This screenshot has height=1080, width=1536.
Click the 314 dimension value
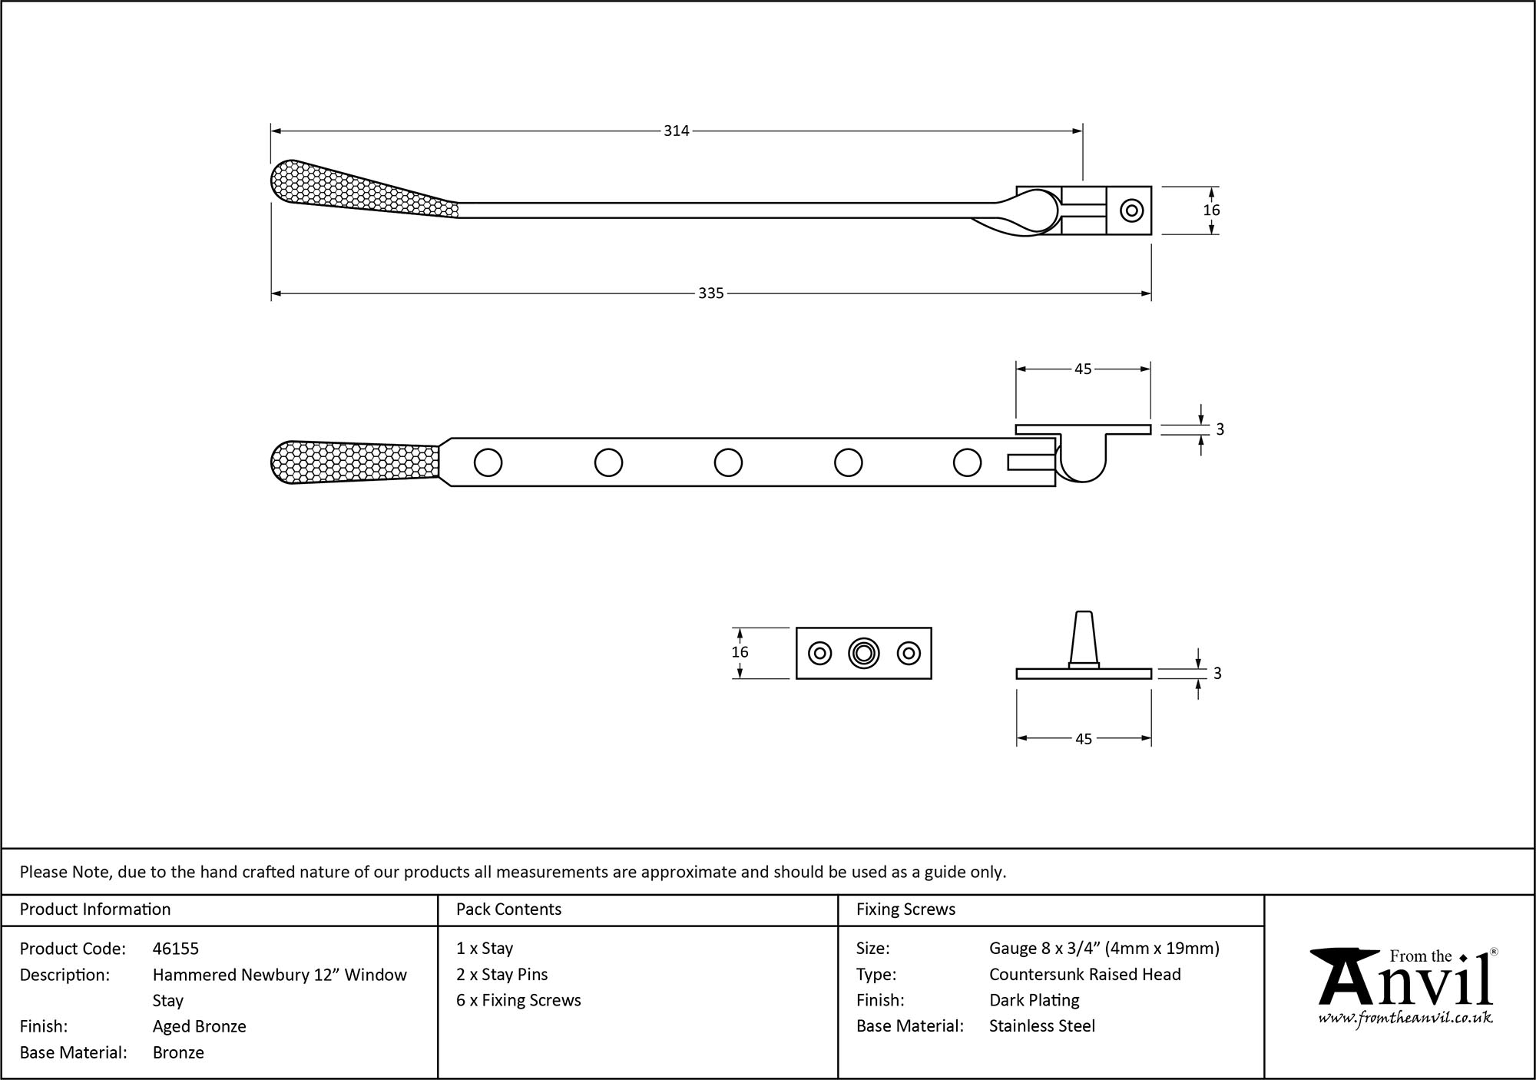(676, 131)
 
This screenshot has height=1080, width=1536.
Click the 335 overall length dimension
(710, 293)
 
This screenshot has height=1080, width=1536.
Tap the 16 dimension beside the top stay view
(1211, 210)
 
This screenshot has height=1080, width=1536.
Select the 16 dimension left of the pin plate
(740, 652)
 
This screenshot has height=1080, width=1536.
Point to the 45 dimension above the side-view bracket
(1083, 369)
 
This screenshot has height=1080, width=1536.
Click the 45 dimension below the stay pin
(1083, 739)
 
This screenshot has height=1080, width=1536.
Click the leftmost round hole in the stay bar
(488, 462)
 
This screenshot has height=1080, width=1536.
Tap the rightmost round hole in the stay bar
(967, 462)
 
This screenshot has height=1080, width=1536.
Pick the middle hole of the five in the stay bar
(728, 462)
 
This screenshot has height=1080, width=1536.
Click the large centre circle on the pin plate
(864, 653)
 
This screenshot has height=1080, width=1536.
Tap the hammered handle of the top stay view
(353, 189)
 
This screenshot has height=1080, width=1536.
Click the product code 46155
(176, 949)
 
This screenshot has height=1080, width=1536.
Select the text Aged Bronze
(200, 1026)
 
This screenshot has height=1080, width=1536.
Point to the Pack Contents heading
(508, 909)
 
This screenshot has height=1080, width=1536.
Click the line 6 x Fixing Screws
(518, 1000)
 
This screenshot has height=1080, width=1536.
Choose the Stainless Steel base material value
(1042, 1025)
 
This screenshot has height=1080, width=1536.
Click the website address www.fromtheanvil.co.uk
(1405, 1018)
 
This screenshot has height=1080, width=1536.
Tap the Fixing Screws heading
(906, 909)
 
